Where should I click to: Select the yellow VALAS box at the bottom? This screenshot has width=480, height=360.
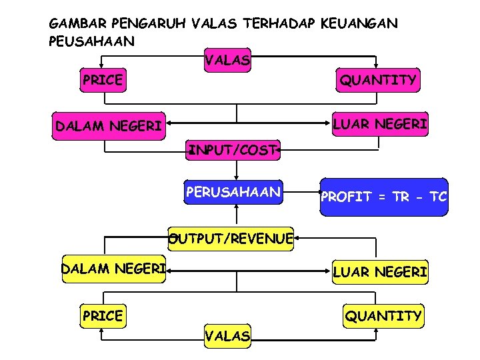(227, 336)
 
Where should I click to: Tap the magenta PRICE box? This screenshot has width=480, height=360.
(102, 81)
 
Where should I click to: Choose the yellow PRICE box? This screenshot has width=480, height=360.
(102, 315)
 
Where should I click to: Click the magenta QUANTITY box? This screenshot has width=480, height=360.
(378, 81)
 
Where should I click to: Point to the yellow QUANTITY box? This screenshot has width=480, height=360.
(383, 315)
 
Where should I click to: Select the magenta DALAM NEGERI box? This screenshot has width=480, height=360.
(109, 125)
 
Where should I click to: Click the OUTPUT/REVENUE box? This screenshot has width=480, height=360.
(231, 238)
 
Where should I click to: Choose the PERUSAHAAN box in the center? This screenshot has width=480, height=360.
(233, 193)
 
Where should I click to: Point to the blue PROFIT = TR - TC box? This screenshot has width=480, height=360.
(383, 197)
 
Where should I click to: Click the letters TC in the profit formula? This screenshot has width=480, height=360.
(437, 197)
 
